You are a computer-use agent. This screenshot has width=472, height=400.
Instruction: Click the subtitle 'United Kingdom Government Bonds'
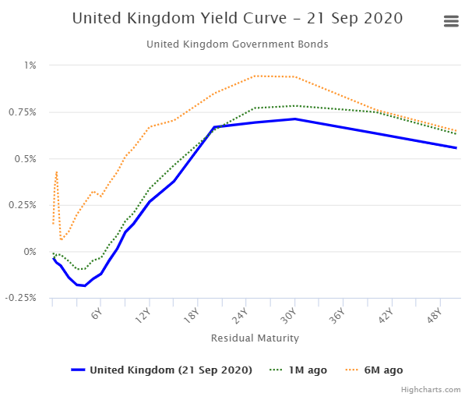(238, 44)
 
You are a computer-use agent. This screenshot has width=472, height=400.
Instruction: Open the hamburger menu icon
(451, 22)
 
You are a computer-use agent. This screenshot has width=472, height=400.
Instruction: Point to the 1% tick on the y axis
(30, 65)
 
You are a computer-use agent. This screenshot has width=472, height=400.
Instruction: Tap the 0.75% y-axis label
(24, 112)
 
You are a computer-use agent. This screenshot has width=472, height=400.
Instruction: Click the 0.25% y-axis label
(24, 205)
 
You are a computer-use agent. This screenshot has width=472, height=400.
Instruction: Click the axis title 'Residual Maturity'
(255, 338)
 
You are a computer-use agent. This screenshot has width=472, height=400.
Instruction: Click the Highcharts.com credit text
(431, 388)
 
